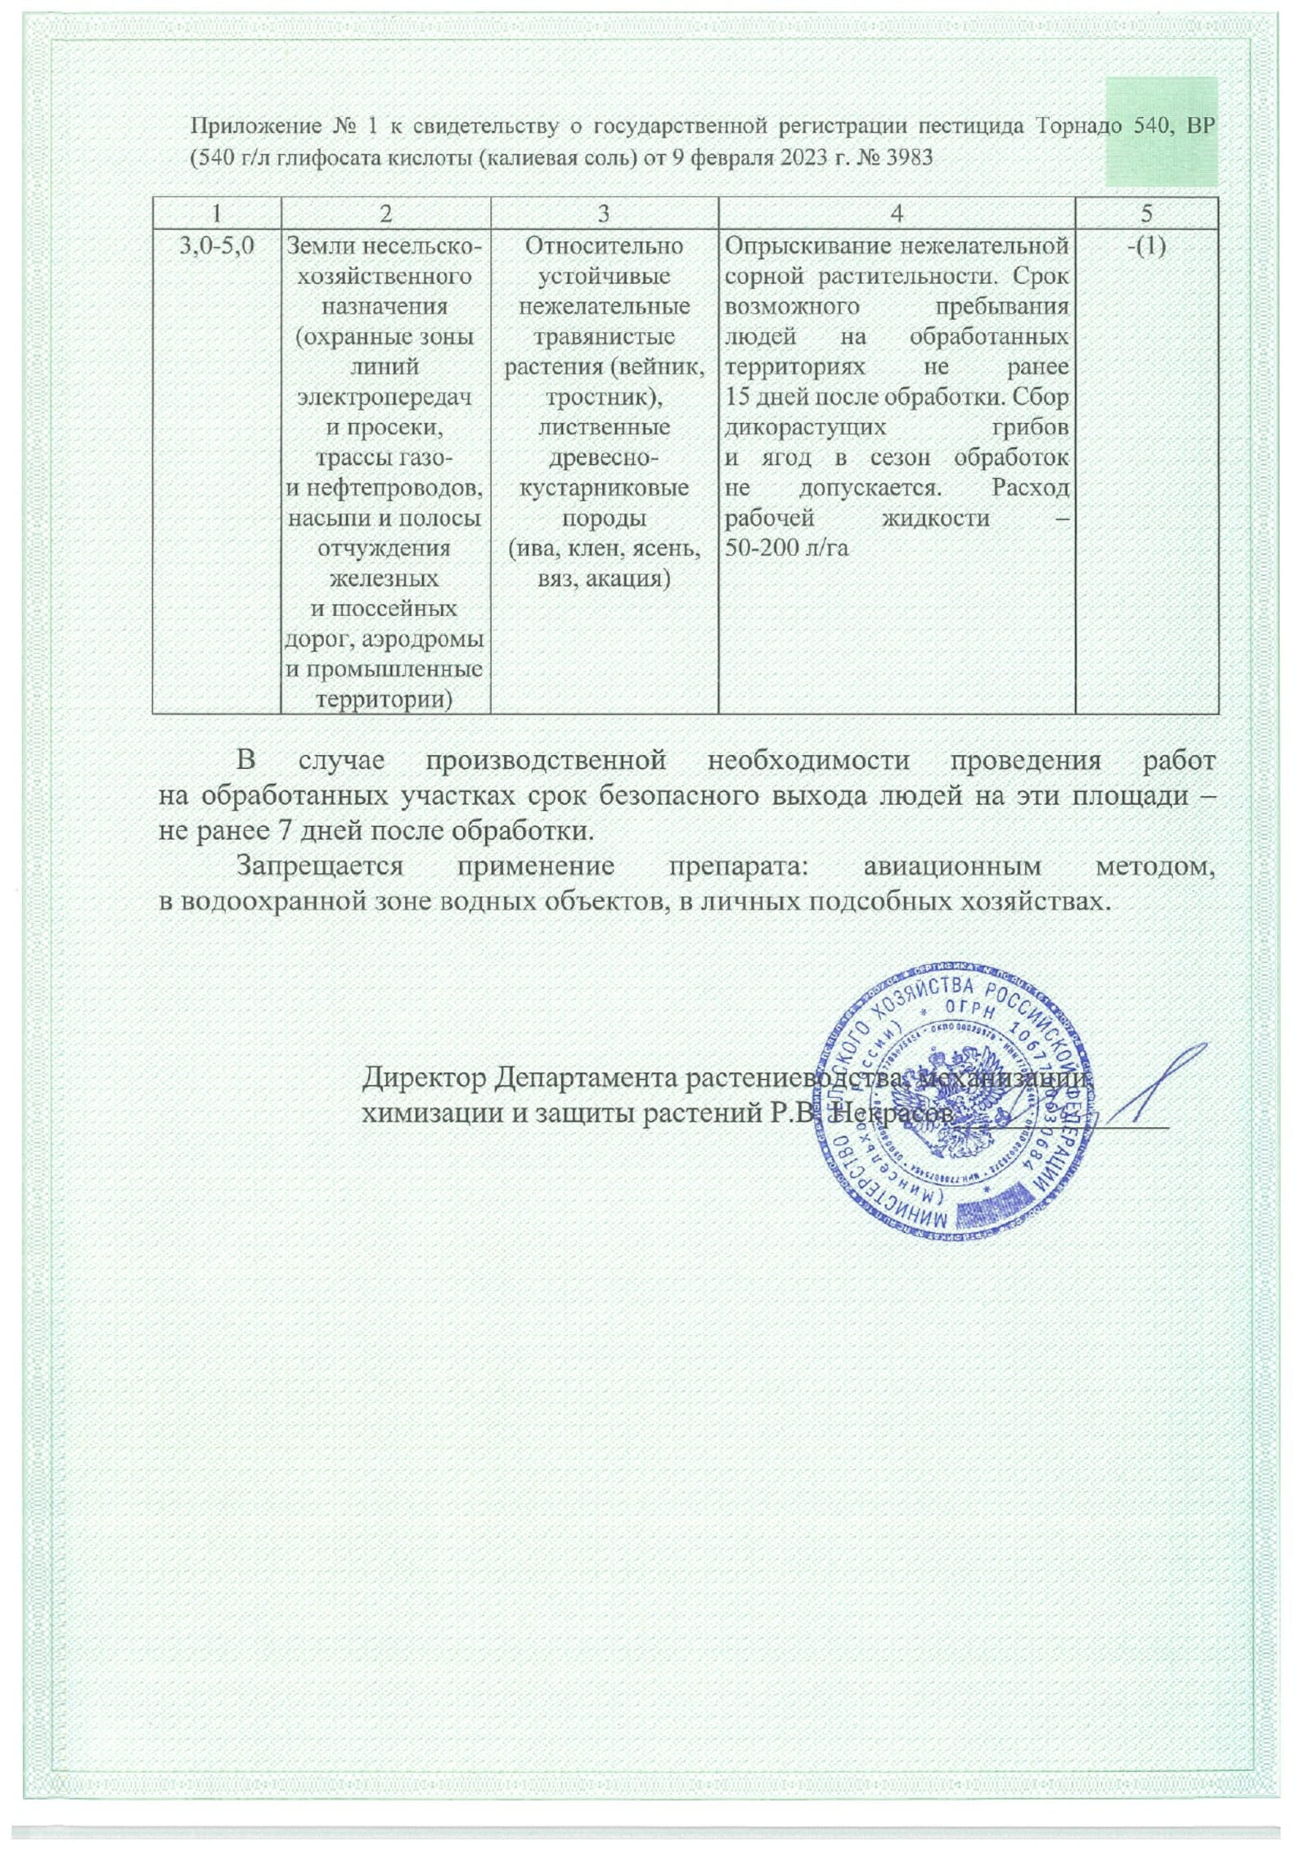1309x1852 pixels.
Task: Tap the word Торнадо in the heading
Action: pyautogui.click(x=1068, y=126)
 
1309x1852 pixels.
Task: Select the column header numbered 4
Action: pyautogui.click(x=896, y=214)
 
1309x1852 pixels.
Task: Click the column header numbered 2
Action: pyautogui.click(x=385, y=214)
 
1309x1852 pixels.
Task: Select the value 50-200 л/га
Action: pyautogui.click(x=786, y=548)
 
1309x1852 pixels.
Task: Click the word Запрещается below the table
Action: pyautogui.click(x=319, y=866)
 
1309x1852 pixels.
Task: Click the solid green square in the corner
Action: pyautogui.click(x=1161, y=131)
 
